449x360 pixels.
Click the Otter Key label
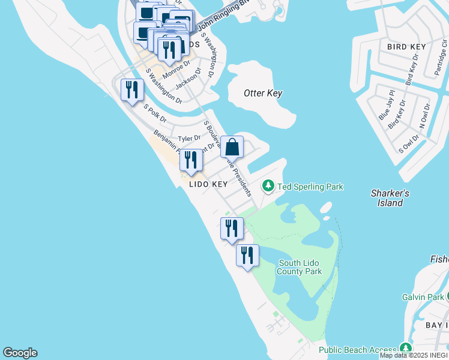pyautogui.click(x=263, y=93)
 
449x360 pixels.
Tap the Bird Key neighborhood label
pyautogui.click(x=406, y=47)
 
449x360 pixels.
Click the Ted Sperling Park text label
pyautogui.click(x=310, y=187)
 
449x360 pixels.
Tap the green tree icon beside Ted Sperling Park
pyautogui.click(x=268, y=187)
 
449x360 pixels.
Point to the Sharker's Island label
pyautogui.click(x=390, y=198)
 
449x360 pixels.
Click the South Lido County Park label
pyautogui.click(x=299, y=268)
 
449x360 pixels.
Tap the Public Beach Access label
pyautogui.click(x=357, y=350)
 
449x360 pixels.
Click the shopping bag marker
pyautogui.click(x=232, y=146)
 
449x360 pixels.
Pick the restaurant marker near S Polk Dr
pyautogui.click(x=131, y=91)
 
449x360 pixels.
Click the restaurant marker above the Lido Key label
pyautogui.click(x=191, y=160)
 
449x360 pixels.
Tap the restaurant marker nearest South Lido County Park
pyautogui.click(x=247, y=256)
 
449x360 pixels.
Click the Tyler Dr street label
pyautogui.click(x=189, y=138)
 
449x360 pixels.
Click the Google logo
pyautogui.click(x=20, y=353)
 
